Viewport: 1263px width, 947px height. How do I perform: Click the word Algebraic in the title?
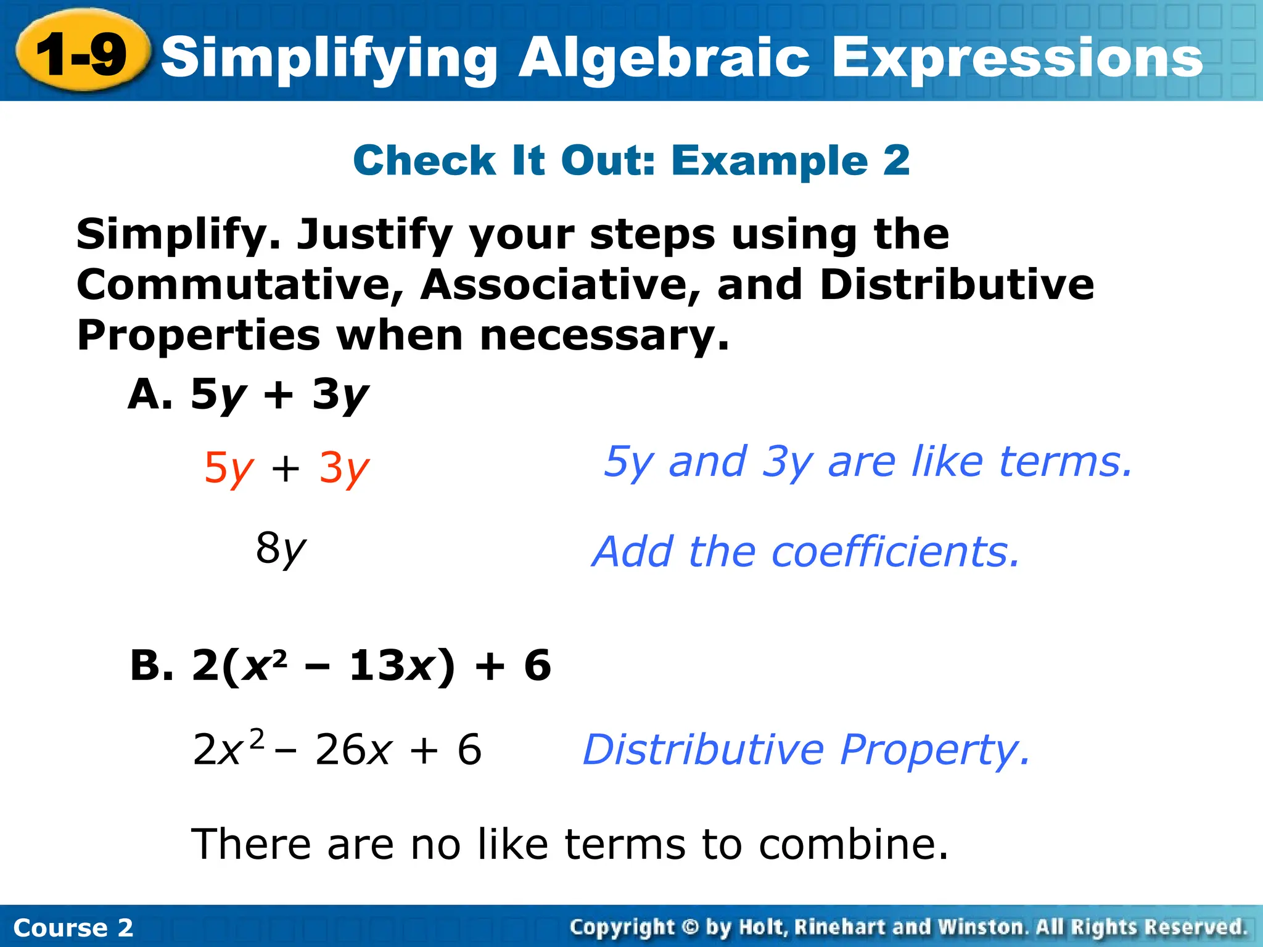click(x=664, y=59)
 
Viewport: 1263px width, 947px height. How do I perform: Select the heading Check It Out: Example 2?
click(x=631, y=160)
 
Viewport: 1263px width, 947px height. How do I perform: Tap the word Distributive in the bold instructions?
click(x=957, y=285)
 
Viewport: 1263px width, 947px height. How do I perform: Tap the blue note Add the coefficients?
click(x=805, y=551)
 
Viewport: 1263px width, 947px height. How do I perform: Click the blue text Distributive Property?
click(x=806, y=750)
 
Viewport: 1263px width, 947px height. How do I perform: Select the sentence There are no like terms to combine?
click(x=569, y=843)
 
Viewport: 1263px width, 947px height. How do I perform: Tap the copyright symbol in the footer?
click(x=690, y=927)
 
